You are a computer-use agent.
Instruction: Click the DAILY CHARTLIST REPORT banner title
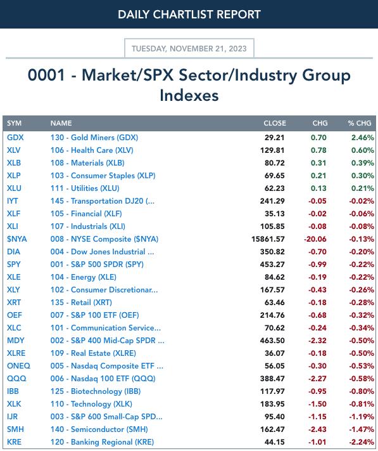189,15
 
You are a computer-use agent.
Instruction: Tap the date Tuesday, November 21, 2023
189,48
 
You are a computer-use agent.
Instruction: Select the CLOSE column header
275,123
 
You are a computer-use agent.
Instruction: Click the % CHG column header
360,123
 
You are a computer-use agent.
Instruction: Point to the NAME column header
61,123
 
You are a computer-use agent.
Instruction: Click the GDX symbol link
15,138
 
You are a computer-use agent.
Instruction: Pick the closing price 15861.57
268,239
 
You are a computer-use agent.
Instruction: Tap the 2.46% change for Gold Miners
363,138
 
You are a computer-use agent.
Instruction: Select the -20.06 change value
315,239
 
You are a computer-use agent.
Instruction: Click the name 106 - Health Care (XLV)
92,150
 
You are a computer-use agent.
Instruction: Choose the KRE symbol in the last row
14,441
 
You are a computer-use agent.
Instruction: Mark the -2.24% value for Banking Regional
362,441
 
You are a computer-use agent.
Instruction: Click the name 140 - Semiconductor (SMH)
99,429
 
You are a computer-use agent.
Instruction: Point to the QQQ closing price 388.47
272,379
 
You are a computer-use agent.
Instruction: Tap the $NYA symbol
16,239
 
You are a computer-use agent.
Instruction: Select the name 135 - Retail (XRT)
81,303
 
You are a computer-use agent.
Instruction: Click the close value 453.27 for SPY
272,265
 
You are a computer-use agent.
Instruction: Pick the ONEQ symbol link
18,366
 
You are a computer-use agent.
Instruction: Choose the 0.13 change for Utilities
318,188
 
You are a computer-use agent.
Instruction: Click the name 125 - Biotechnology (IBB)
96,391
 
